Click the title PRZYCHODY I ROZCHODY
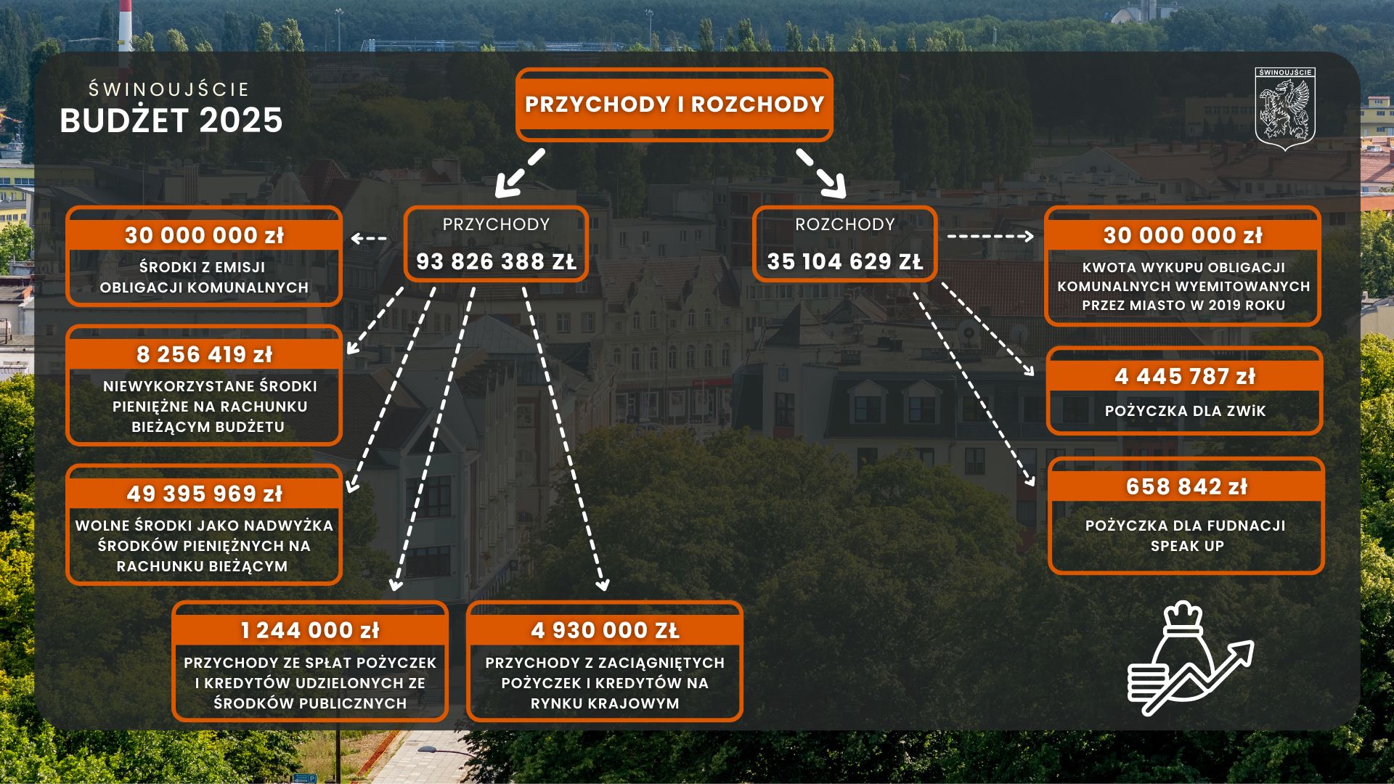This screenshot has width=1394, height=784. [x=674, y=105]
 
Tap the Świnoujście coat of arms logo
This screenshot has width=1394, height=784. [x=1285, y=109]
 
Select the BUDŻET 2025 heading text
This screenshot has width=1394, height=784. [x=171, y=121]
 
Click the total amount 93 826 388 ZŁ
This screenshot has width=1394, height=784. [x=496, y=261]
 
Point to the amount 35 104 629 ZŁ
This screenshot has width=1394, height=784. [x=845, y=261]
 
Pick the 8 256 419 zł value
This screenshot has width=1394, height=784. [x=204, y=354]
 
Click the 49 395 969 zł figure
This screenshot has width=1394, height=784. [x=204, y=494]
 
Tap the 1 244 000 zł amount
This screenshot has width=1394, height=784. [x=310, y=630]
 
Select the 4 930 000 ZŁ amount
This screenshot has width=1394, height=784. [x=605, y=630]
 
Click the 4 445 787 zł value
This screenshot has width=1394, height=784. [x=1185, y=376]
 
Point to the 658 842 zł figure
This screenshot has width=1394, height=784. [x=1186, y=486]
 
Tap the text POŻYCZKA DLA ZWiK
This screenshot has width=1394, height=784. [x=1185, y=411]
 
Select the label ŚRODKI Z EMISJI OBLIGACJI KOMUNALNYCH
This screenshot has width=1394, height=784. [x=204, y=277]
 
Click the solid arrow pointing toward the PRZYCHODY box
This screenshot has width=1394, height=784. [x=519, y=173]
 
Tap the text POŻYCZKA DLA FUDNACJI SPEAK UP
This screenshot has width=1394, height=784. [x=1186, y=536]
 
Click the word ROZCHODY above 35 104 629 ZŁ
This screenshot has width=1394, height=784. [x=845, y=224]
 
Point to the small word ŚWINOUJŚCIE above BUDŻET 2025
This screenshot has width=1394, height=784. [x=168, y=89]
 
